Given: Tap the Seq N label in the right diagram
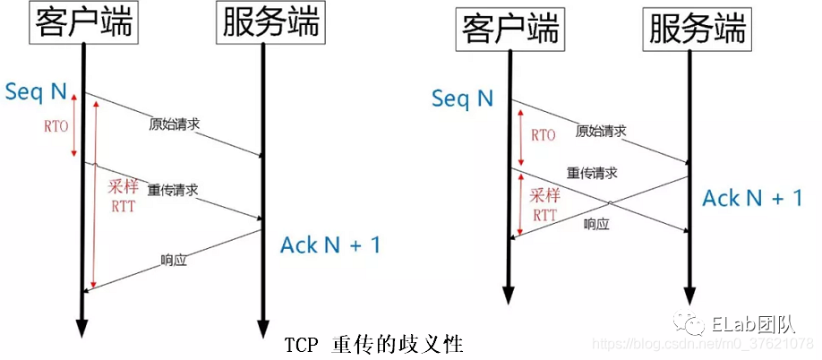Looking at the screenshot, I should tap(462, 98).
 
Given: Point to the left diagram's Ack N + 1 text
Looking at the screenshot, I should tap(330, 244).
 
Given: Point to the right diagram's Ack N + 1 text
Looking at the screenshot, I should tap(752, 198).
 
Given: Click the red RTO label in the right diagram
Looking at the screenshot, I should tap(543, 135).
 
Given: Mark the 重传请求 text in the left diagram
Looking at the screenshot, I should tap(172, 190).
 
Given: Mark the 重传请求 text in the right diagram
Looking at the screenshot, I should tap(592, 172).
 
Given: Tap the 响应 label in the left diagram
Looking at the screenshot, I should tap(173, 261).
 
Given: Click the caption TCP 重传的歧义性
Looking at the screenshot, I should tap(375, 345).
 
